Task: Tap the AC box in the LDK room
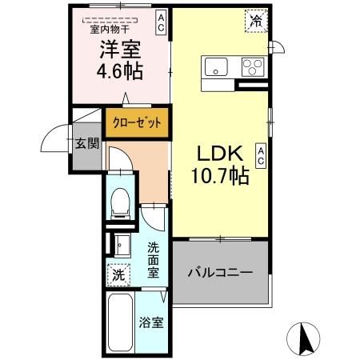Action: coord(261,154)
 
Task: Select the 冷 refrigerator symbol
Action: coord(256,22)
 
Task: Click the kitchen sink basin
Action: coord(216,66)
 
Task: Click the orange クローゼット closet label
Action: coord(137,123)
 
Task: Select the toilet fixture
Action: coord(120,203)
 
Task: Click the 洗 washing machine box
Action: coord(118,273)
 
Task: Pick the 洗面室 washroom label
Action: coord(152,258)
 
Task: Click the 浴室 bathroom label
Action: coord(152,324)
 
